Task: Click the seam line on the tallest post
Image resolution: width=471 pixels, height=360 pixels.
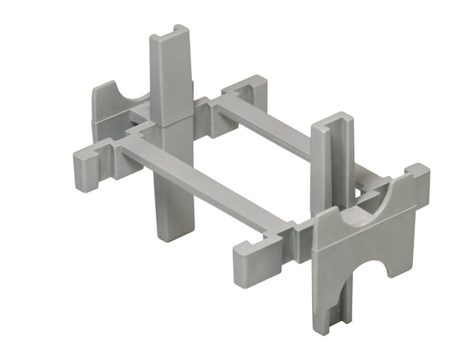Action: (x=174, y=124)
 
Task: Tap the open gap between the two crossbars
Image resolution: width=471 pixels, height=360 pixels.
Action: (x=235, y=158)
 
